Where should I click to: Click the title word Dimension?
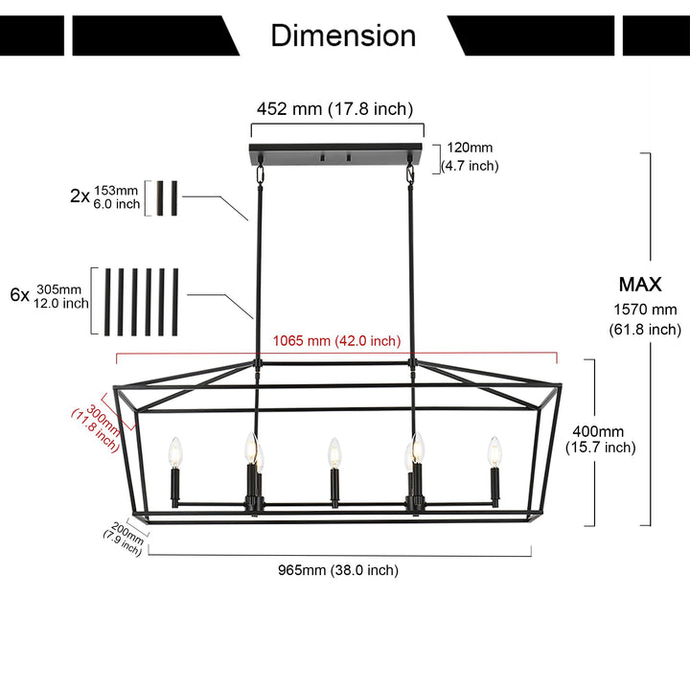pos(343,35)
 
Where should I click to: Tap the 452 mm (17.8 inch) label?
pos(333,108)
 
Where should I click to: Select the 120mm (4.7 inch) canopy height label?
pos(470,157)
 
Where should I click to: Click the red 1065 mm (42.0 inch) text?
pos(336,341)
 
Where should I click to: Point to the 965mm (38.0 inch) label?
pos(337,570)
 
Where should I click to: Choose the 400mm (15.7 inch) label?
pos(600,439)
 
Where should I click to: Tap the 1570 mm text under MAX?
pos(644,310)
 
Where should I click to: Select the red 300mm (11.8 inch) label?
pos(96,427)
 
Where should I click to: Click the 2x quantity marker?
pos(80,195)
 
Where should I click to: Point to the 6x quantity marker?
pos(19,295)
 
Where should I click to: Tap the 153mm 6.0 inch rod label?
pos(117,196)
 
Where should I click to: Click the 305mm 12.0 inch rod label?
pos(62,296)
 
